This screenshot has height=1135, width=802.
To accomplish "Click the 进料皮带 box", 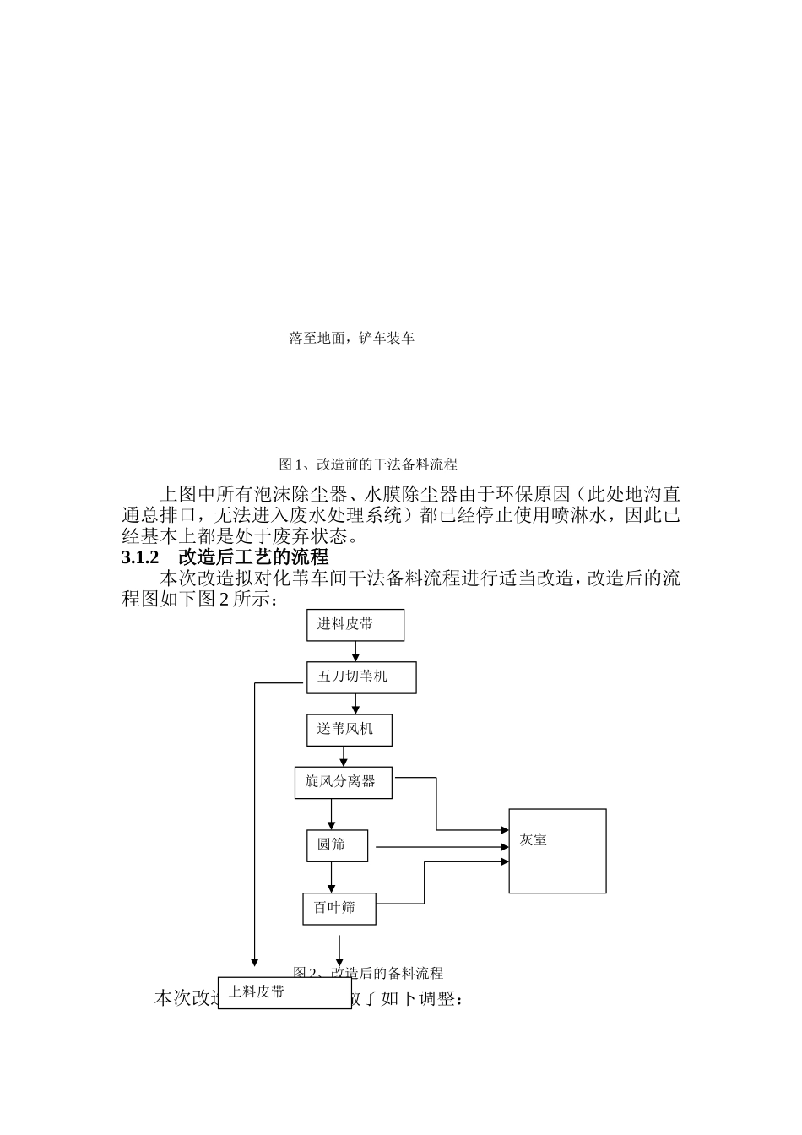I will pyautogui.click(x=355, y=625).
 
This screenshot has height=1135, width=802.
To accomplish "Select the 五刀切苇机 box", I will pyautogui.click(x=360, y=677).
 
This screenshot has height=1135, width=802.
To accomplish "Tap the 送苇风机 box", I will pyautogui.click(x=349, y=730).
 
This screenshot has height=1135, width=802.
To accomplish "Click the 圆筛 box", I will pyautogui.click(x=337, y=845).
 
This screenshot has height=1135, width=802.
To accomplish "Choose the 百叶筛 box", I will pyautogui.click(x=339, y=909).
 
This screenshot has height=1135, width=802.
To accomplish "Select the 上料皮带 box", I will pyautogui.click(x=284, y=992).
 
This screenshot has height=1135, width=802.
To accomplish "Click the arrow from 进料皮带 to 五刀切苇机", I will pyautogui.click(x=355, y=651).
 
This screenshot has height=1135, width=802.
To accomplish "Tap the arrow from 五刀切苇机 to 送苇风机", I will pyautogui.click(x=355, y=703).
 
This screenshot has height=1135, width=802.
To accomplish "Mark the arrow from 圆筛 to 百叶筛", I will pyautogui.click(x=331, y=877).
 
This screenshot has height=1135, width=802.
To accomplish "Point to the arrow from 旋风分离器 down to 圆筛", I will pyautogui.click(x=331, y=814).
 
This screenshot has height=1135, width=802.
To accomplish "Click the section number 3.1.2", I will pyautogui.click(x=140, y=558).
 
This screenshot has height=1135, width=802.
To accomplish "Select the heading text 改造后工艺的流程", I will pyautogui.click(x=253, y=558).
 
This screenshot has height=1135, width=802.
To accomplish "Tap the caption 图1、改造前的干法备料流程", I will pyautogui.click(x=368, y=464).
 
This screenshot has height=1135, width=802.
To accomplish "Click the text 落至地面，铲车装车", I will pyautogui.click(x=351, y=339).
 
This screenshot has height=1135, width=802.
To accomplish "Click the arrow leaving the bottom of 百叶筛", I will pyautogui.click(x=339, y=950).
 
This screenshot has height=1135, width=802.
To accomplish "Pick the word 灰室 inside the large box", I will pyautogui.click(x=534, y=840).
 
